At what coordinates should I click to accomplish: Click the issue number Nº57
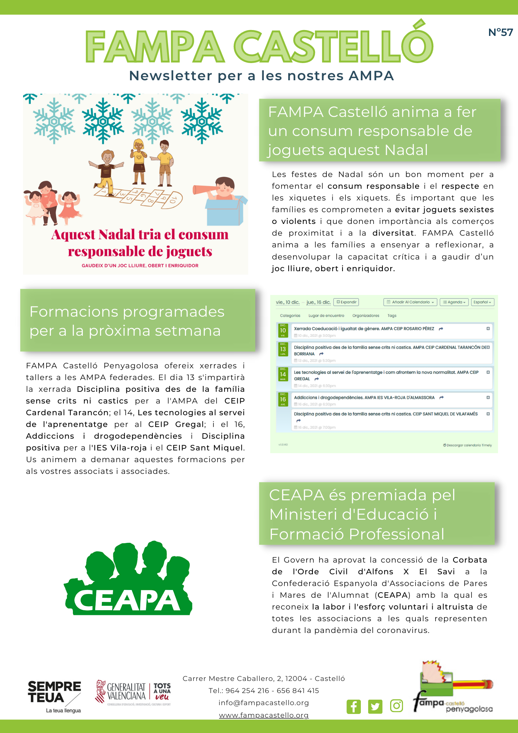pos(500,33)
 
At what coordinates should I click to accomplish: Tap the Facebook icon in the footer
pos(354,706)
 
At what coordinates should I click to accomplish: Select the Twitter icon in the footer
pos(375,706)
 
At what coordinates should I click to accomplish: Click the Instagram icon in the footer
pos(396,706)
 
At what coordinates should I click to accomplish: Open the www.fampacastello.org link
pos(264,715)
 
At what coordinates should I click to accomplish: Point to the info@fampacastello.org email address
pos(264,703)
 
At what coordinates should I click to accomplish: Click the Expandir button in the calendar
pos(346,302)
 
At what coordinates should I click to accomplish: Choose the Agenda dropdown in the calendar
pos(454,302)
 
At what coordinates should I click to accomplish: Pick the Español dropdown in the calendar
pos(482,302)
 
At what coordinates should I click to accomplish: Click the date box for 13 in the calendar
pos(283,350)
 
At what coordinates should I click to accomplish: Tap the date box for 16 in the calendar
pos(283,400)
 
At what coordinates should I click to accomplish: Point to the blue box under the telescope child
pos(224,212)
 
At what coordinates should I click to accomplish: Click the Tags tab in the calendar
pos(392,316)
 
